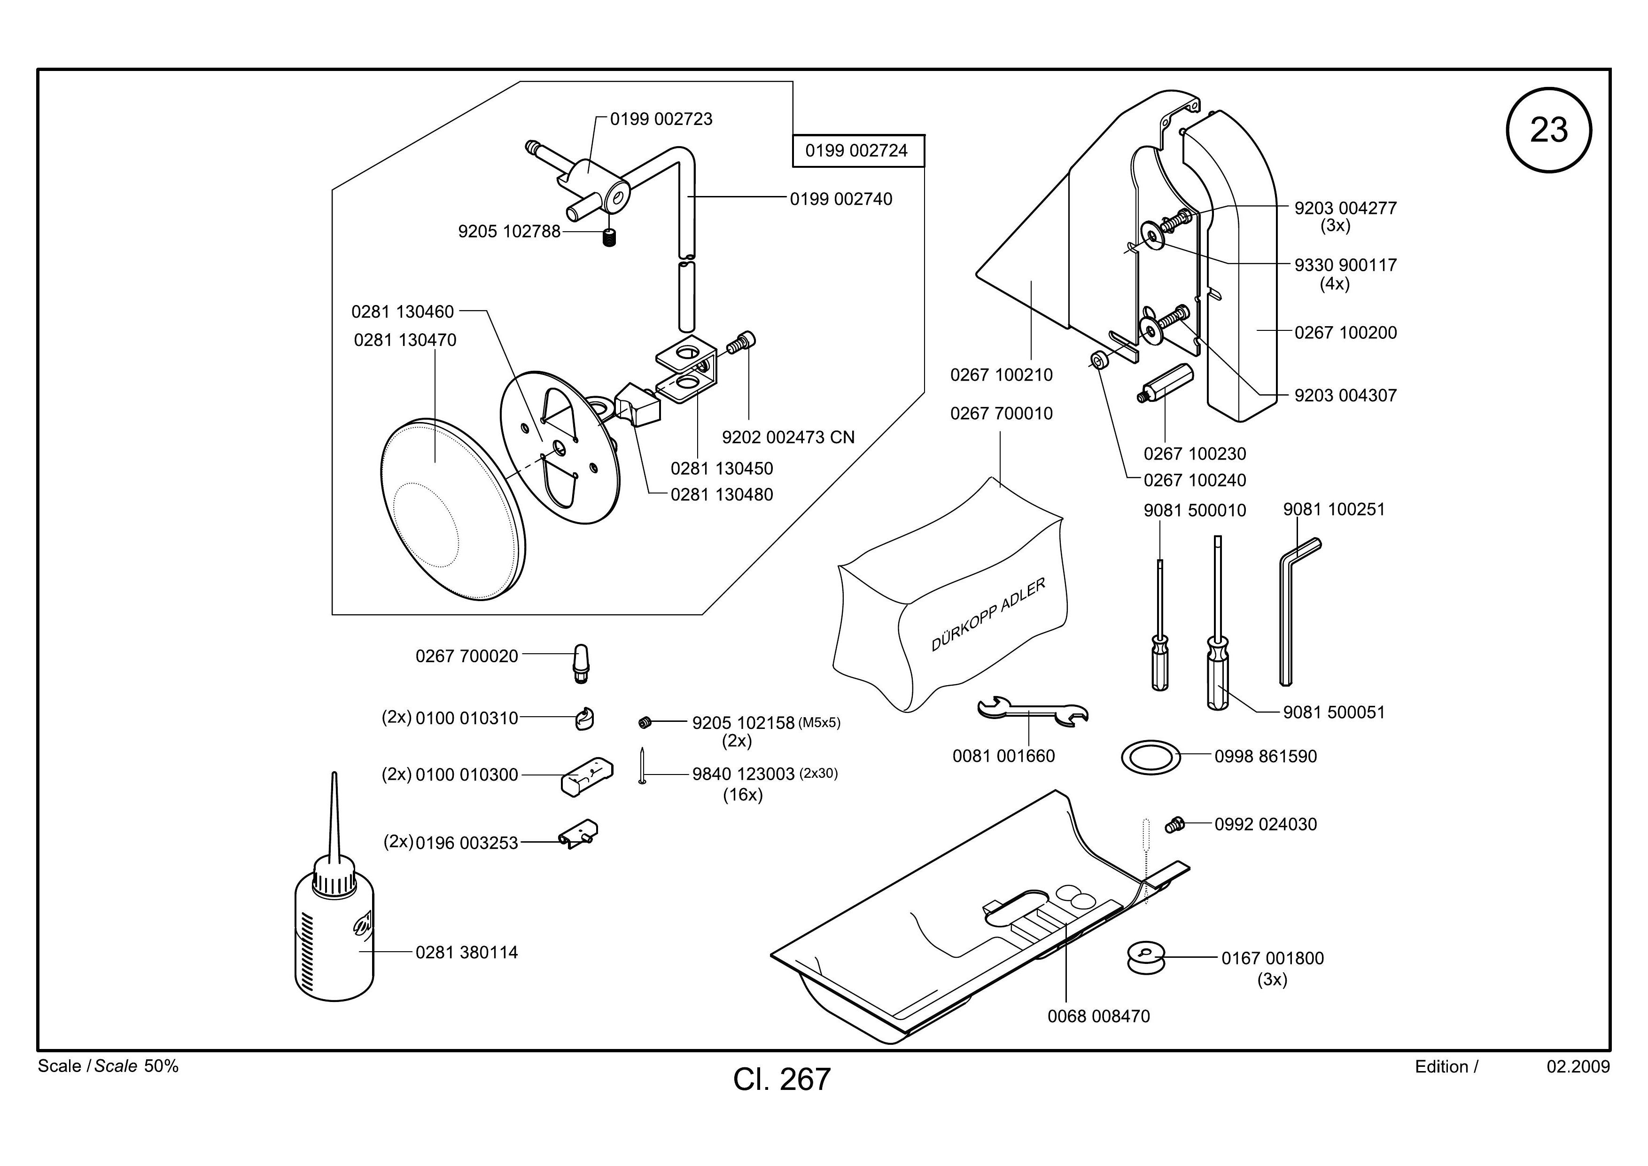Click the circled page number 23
(1548, 131)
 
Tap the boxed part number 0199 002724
(858, 151)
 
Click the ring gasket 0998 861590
(1150, 757)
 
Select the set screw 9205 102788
(609, 238)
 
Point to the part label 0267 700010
(1001, 414)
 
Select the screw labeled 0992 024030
(1175, 824)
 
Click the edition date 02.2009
(1578, 1067)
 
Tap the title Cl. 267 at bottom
(782, 1079)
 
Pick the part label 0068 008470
(1099, 1017)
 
